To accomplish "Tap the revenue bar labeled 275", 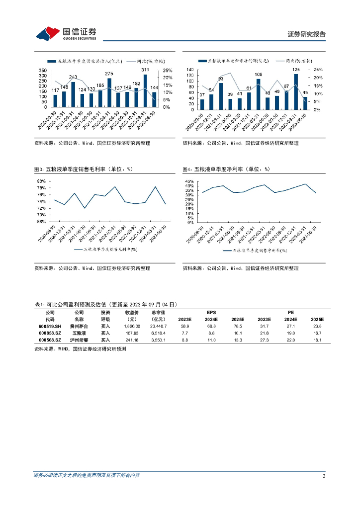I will click(109, 93).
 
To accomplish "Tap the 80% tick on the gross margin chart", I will click(41, 181).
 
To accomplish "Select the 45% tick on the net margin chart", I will click(189, 181).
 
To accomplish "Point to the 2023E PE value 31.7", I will click(264, 326).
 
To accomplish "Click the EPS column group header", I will click(211, 312).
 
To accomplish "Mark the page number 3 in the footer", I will click(324, 476).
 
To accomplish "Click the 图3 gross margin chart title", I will click(84, 169).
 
